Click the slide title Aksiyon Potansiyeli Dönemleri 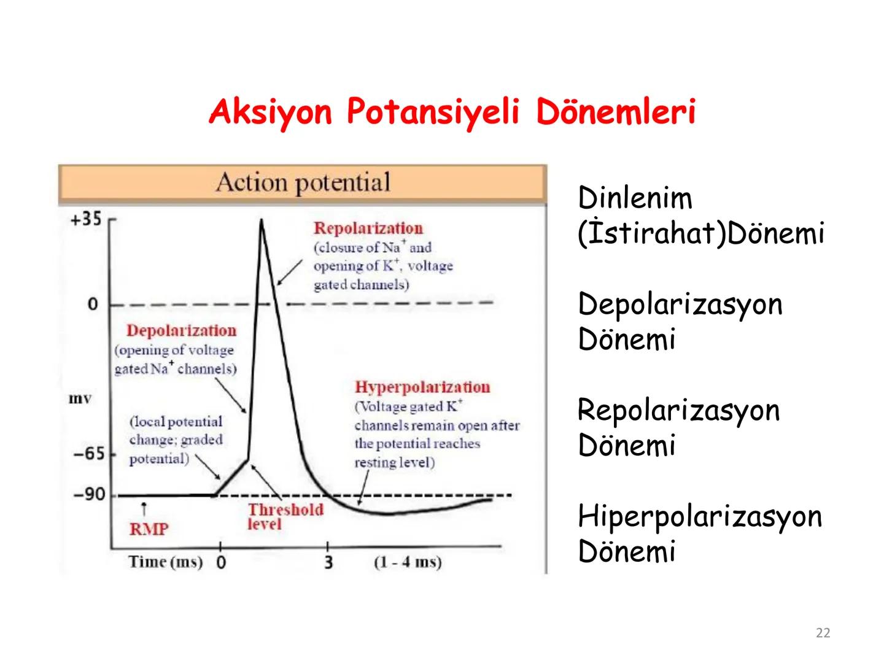pos(452,112)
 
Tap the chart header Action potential pos(303,183)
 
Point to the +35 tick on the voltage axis pos(86,220)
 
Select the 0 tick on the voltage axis pos(93,304)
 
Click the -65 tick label pos(90,454)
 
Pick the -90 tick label pos(90,494)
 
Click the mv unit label pos(80,399)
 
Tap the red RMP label pos(149,529)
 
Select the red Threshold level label pos(285,517)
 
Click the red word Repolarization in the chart pos(368,228)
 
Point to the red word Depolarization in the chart pos(181,331)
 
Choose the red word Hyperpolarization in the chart pos(422,387)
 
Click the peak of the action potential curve pos(262,221)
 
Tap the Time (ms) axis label pos(165,562)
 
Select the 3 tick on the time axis pos(328,562)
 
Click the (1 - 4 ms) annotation pos(408,562)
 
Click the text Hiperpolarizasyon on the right pos(699,516)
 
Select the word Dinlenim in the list pos(635,198)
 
